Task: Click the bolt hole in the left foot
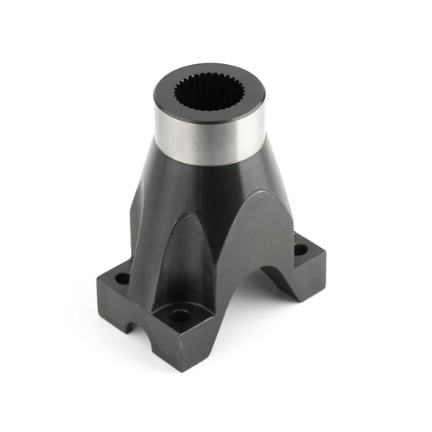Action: (x=122, y=278)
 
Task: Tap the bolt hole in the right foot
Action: (x=300, y=250)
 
